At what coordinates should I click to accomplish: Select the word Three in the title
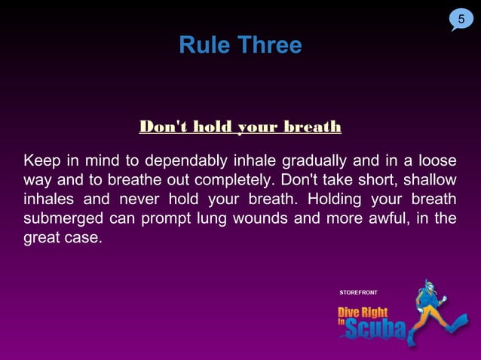click(270, 46)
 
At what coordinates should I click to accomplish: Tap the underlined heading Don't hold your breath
click(240, 127)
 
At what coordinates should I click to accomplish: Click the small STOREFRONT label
click(359, 291)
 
